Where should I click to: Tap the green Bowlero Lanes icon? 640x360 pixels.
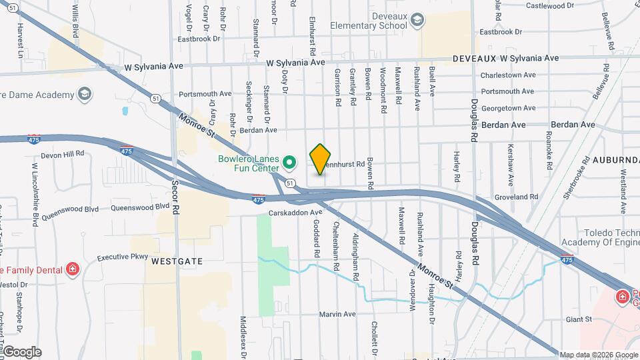click(289, 162)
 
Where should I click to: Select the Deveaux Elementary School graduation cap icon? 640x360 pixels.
click(417, 20)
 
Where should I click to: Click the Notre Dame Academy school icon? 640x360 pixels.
click(84, 95)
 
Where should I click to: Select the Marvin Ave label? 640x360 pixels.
click(337, 314)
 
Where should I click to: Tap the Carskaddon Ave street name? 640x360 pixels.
click(295, 213)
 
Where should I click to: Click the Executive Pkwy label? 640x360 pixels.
click(122, 257)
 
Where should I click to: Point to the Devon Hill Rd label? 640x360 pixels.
click(62, 153)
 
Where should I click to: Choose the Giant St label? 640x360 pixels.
click(579, 319)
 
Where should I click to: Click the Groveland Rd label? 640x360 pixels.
click(516, 197)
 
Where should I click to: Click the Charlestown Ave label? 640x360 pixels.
click(508, 75)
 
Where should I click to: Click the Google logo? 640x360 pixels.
click(22, 352)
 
